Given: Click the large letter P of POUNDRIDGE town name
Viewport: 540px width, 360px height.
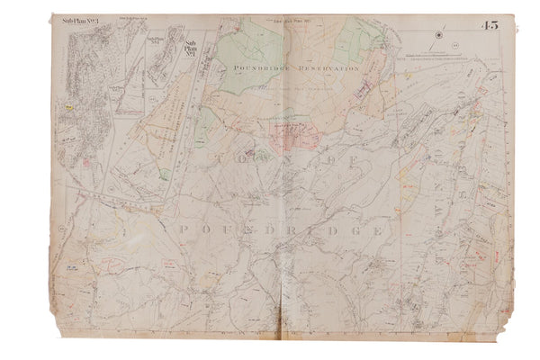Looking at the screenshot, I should point(185,230).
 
